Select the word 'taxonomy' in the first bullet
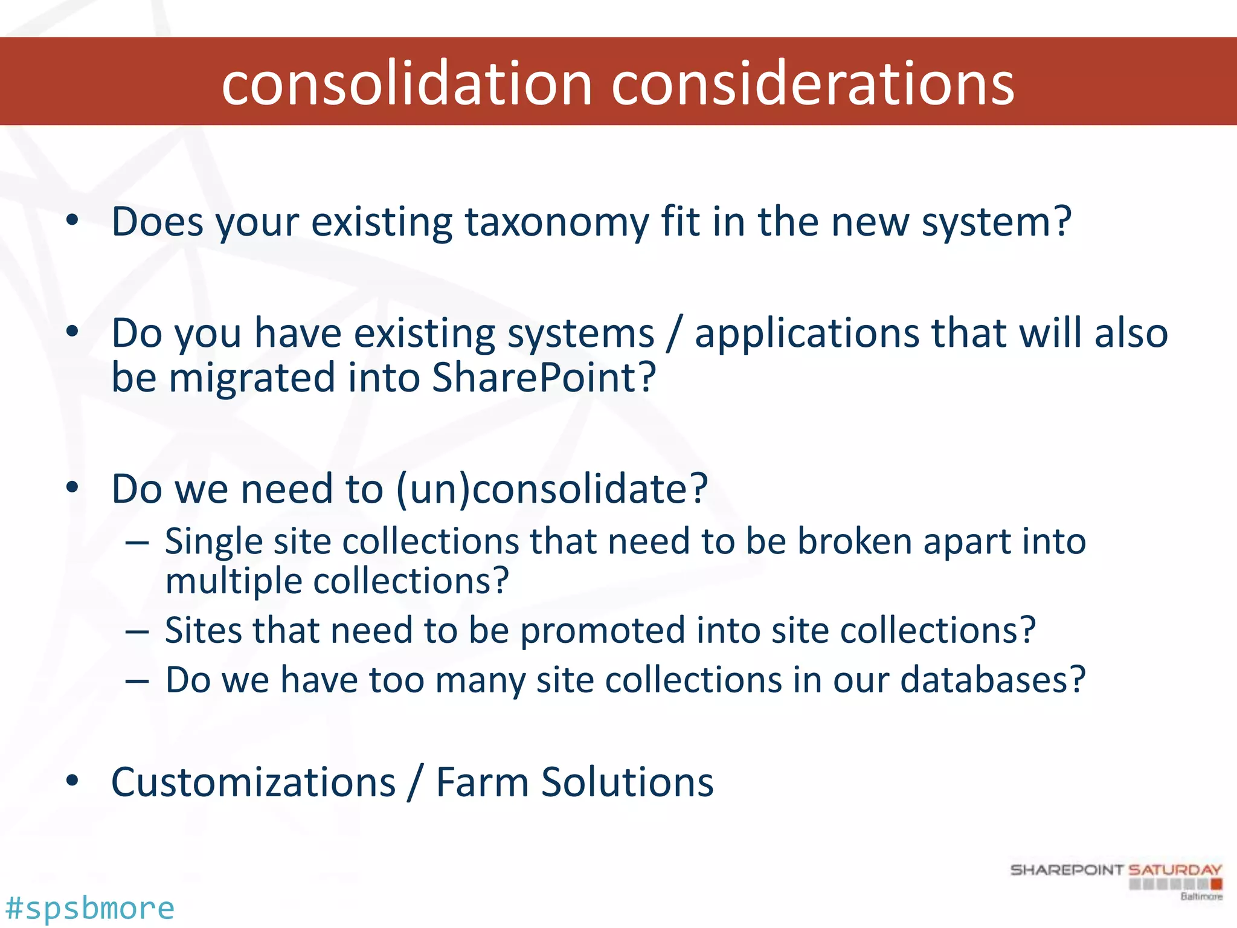coord(556,222)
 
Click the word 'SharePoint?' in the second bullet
coord(544,378)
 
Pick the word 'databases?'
coord(993,680)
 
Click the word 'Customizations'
coord(254,782)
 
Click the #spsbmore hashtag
coord(89,908)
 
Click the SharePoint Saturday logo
coord(1116,880)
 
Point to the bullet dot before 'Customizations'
coord(72,781)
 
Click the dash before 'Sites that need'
coord(137,631)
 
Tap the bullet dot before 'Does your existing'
coord(72,221)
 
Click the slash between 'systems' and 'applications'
coord(674,333)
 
